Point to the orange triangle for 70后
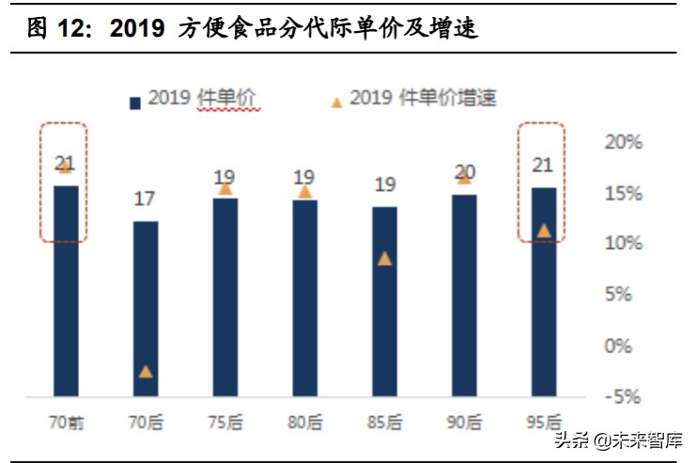coord(145,371)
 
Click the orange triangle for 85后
coord(384,258)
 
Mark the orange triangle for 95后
coord(544,230)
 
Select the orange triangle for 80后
coord(304,192)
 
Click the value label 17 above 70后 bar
coord(145,199)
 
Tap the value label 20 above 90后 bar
coord(464,172)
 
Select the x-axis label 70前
coord(66,422)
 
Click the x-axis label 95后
coord(544,422)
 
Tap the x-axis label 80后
coord(304,422)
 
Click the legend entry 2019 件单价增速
coord(423,98)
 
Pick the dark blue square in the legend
coord(134,100)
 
